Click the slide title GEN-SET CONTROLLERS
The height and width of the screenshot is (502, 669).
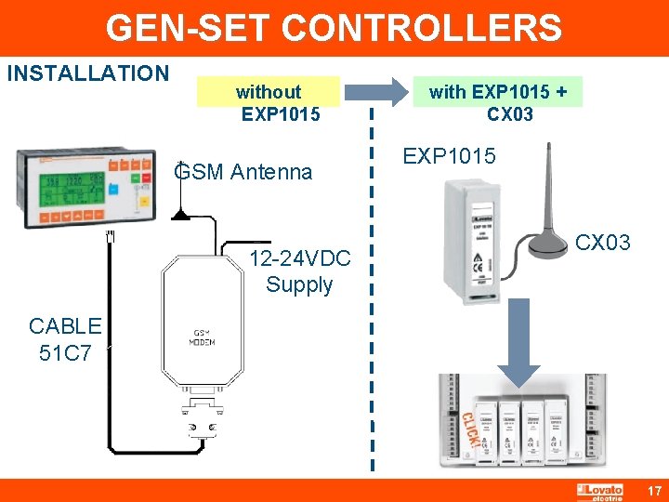point(334,28)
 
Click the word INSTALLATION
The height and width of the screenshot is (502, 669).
point(88,73)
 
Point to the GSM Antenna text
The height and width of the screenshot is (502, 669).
point(243,172)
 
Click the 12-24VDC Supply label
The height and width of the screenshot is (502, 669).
point(299,271)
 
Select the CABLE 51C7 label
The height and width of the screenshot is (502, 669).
point(65,338)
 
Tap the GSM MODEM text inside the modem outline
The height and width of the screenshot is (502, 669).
point(202,337)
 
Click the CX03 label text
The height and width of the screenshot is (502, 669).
point(603,244)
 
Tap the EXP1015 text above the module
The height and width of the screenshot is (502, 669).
point(449,156)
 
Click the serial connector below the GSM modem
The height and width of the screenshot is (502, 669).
point(202,418)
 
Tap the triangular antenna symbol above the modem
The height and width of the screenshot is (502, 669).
point(183,214)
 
